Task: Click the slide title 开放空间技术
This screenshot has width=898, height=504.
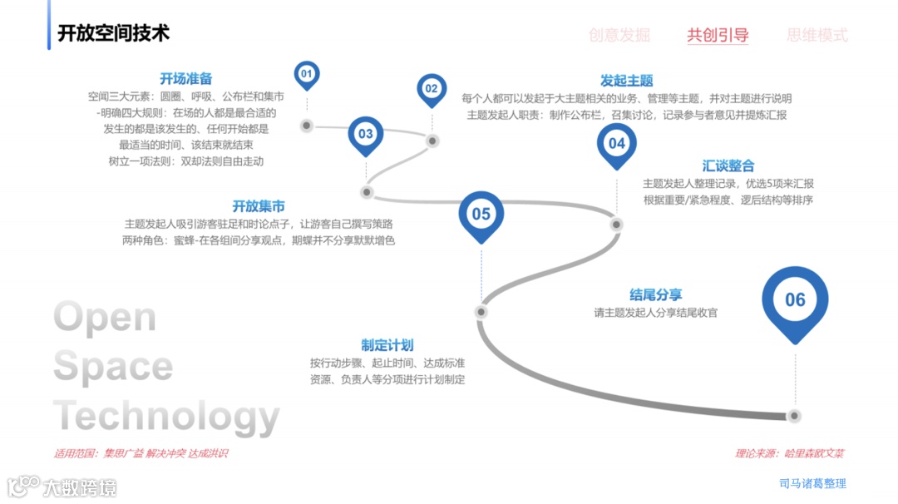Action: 113,33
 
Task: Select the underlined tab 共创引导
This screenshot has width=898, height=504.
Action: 718,35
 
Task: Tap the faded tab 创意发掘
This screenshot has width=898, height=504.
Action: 619,35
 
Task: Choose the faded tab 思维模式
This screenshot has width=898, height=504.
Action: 817,35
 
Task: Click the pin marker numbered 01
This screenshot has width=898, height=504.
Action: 307,75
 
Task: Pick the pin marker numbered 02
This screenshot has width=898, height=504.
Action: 432,88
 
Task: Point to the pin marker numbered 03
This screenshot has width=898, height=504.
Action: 366,134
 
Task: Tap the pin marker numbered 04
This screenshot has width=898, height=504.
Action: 616,143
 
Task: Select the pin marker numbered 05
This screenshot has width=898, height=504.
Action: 481,214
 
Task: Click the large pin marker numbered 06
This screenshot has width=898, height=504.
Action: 795,300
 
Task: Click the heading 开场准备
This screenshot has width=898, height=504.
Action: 186,79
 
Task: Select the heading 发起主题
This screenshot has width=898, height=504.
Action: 627,81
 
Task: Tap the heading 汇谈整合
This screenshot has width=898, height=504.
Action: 728,166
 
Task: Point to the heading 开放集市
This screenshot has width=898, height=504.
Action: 259,205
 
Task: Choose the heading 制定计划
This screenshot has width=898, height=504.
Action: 387,345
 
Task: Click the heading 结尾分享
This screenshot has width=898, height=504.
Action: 656,294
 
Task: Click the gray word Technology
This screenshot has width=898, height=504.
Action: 166,416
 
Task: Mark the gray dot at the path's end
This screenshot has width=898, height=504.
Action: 794,415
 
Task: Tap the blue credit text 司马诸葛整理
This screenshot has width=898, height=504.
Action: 812,483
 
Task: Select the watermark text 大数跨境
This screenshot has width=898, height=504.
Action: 80,487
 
